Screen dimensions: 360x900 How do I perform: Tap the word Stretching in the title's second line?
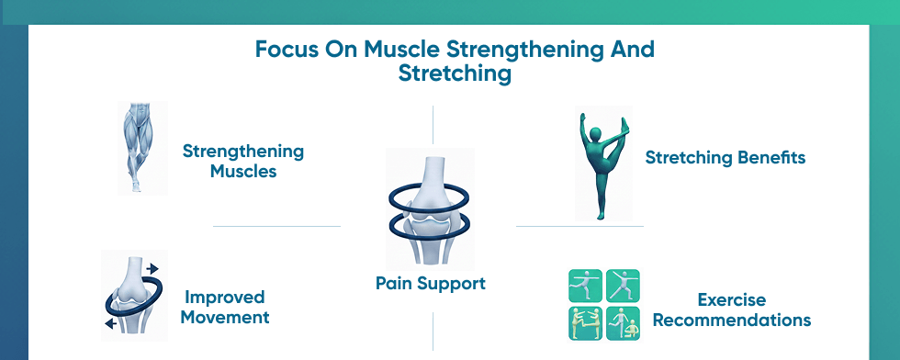coord(455,73)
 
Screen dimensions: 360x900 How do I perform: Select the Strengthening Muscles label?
coord(242,161)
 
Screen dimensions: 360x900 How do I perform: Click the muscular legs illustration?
coord(141,147)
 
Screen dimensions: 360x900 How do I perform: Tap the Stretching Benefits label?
coord(725,158)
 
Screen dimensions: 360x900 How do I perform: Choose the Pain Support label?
coord(431,284)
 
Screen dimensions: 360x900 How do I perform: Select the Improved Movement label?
coord(225,308)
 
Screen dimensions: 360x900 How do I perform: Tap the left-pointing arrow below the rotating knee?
coord(110,324)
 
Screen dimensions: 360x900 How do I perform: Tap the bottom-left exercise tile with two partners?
coord(586,323)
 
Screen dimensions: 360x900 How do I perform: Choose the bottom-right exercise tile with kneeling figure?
coord(624,323)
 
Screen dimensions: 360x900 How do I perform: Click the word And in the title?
coord(633,49)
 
